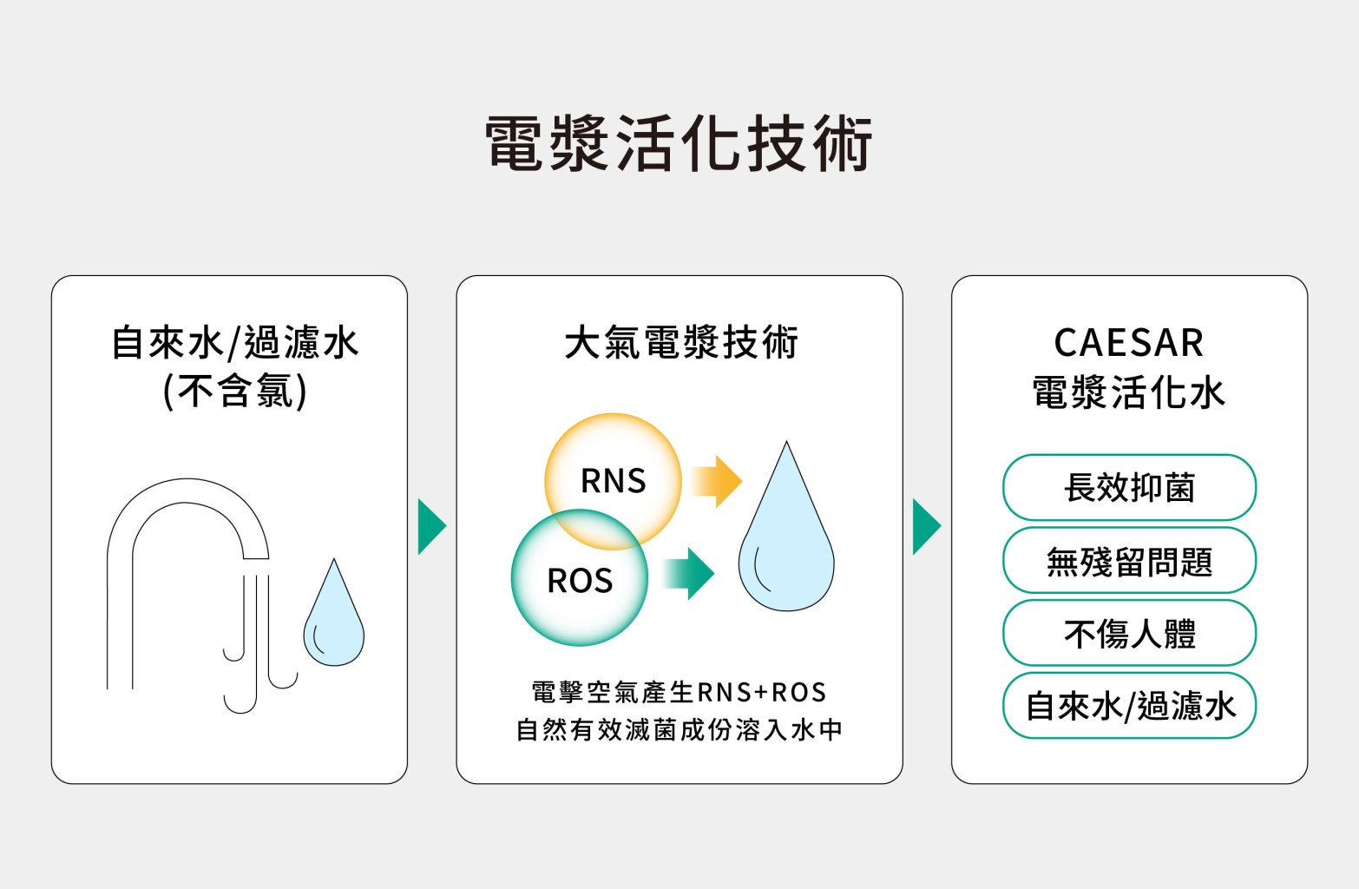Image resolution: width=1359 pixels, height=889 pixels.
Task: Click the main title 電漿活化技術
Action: (679, 143)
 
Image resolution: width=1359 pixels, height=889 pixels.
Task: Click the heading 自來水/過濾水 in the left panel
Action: (234, 343)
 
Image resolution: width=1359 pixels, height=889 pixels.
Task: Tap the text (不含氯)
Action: (234, 391)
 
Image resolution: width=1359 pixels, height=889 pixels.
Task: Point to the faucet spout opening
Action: (255, 557)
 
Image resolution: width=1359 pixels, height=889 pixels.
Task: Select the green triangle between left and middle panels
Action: (430, 526)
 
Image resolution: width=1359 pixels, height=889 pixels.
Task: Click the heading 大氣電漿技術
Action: (680, 343)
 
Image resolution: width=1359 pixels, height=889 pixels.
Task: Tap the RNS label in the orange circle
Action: (613, 481)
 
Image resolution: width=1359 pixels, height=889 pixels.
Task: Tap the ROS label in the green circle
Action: (580, 581)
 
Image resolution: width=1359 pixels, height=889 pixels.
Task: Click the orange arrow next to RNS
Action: (718, 481)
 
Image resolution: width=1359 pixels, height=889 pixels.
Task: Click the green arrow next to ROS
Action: (689, 574)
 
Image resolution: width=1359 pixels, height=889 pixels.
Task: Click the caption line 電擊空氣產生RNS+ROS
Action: (679, 693)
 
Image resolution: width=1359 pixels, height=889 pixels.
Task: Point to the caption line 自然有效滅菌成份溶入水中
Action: (679, 729)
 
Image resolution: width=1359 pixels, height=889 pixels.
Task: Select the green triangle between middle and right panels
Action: (926, 526)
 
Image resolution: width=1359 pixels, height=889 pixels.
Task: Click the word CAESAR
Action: (1128, 343)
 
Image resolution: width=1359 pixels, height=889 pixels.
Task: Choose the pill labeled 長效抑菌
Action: (1129, 488)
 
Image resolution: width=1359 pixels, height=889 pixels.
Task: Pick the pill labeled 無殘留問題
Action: (1129, 561)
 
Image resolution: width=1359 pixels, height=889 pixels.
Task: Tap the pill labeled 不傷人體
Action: (1129, 634)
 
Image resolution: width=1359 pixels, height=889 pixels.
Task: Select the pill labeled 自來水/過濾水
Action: (1129, 706)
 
